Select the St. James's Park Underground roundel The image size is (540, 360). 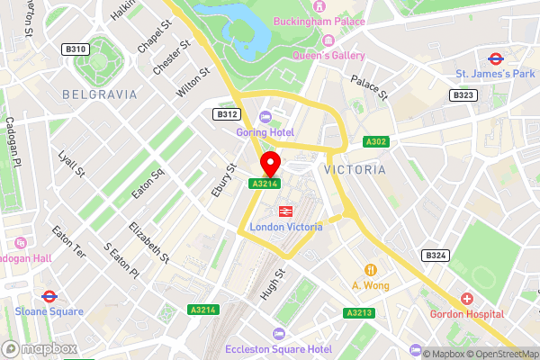(x=495, y=58)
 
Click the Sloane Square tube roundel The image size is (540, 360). (x=49, y=296)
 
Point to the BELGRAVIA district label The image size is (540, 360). (x=100, y=94)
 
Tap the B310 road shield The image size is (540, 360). (x=76, y=49)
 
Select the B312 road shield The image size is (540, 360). (x=226, y=114)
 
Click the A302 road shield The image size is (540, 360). (x=376, y=141)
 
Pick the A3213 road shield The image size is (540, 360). (x=357, y=313)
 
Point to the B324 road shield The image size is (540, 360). (x=436, y=256)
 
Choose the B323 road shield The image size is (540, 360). (x=463, y=94)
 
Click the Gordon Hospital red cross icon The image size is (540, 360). (x=466, y=298)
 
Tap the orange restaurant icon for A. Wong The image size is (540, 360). (x=370, y=270)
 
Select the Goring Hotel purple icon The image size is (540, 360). (x=265, y=116)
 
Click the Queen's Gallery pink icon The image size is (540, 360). (x=328, y=40)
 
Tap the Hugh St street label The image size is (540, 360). (x=271, y=287)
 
